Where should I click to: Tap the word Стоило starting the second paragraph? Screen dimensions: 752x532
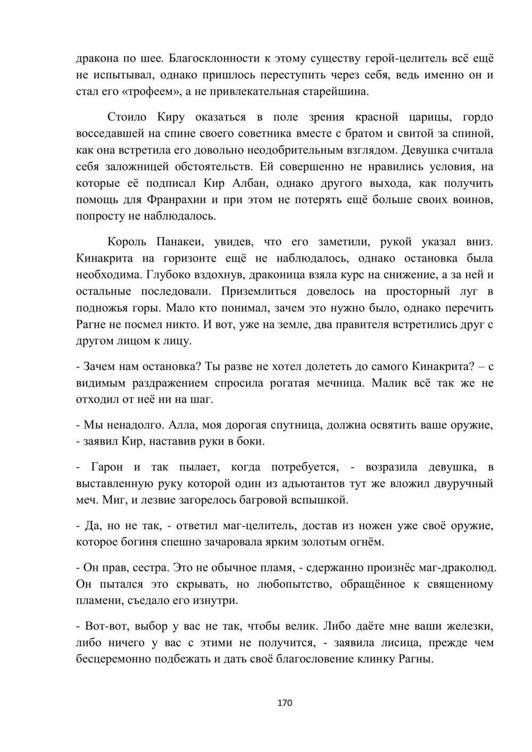point(127,117)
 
